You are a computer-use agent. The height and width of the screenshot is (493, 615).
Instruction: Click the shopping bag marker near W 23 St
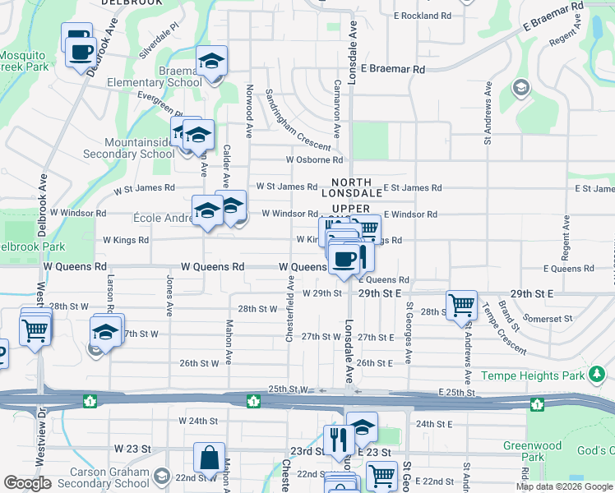[x=209, y=458]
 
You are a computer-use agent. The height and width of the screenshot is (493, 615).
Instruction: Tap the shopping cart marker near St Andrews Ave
[x=461, y=305]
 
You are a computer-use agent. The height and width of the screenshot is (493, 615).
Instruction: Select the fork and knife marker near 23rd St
[x=338, y=439]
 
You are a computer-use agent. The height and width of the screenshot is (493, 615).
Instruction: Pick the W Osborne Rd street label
[x=314, y=160]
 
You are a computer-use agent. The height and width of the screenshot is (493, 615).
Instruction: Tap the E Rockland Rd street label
[x=423, y=16]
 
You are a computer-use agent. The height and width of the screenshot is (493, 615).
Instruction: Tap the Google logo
[x=27, y=483]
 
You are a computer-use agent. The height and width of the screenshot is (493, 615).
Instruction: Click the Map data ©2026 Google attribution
[x=564, y=486]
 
